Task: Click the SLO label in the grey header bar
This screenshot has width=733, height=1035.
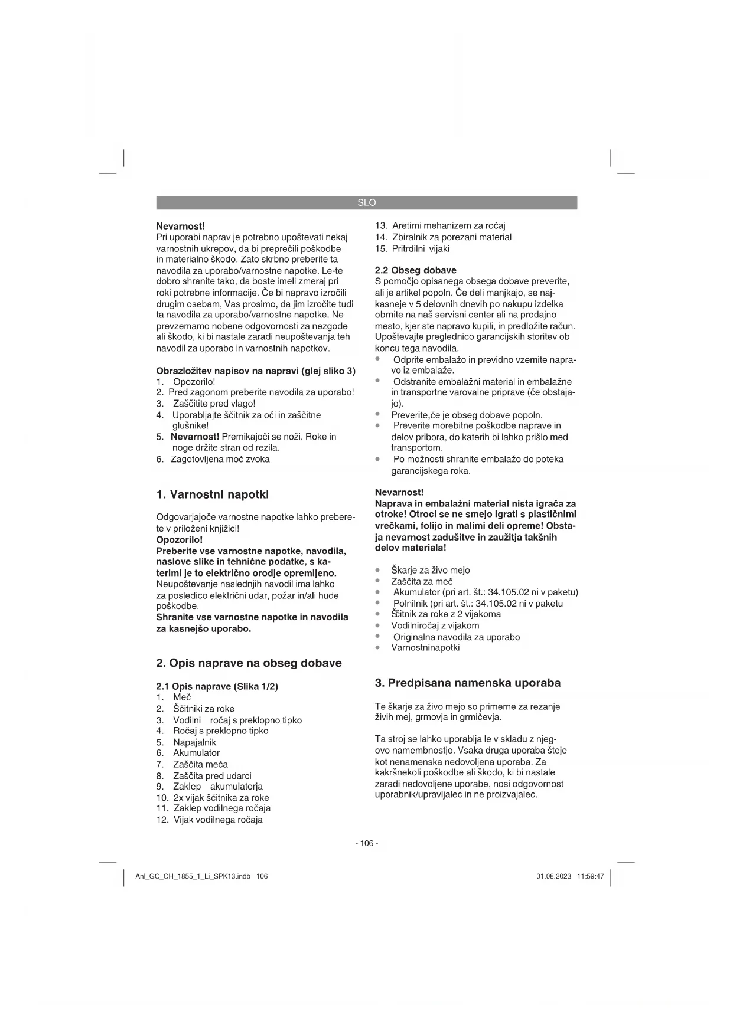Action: coord(366,202)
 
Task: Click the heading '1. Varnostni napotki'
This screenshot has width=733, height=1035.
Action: coord(212,494)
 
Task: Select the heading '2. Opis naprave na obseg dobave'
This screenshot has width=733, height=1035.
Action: coord(249,663)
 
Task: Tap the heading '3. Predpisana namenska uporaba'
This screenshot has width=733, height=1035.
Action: coord(468,683)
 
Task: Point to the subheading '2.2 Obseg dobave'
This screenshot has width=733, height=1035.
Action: coord(416,270)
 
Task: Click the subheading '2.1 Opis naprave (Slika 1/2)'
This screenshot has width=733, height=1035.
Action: coord(217,686)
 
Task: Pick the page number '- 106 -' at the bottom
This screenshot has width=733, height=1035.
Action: coord(366,843)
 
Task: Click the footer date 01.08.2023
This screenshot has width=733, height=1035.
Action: coord(553,876)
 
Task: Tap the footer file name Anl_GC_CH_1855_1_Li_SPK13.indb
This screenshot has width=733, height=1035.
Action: coord(193,876)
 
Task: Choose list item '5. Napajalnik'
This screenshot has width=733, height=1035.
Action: coord(187,742)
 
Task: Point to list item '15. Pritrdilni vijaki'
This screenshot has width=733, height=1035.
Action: coord(412,248)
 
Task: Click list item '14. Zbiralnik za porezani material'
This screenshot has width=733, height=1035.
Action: coord(444,237)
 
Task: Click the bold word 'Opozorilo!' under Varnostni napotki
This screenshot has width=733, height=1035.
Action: coord(180,539)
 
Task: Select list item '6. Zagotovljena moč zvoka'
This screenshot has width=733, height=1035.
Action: coord(213,459)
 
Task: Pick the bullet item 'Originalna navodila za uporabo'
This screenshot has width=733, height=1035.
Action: coord(456,637)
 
